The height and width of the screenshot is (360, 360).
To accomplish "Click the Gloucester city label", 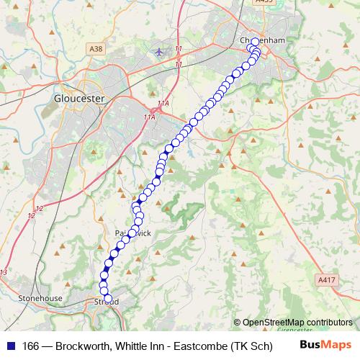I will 78,97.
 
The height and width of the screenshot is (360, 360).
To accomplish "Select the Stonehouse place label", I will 41,298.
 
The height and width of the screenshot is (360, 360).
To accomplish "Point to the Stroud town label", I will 107,302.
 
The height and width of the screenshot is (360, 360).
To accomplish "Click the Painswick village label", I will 133,234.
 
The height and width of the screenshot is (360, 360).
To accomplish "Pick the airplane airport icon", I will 159,52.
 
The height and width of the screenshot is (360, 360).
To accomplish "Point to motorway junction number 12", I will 39,208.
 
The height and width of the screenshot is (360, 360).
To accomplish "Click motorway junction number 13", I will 4,271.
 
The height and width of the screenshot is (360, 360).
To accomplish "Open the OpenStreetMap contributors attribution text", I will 297,322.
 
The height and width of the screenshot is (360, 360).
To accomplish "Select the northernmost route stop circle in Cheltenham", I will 255,41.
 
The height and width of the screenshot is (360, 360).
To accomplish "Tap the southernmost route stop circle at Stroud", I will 109,298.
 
